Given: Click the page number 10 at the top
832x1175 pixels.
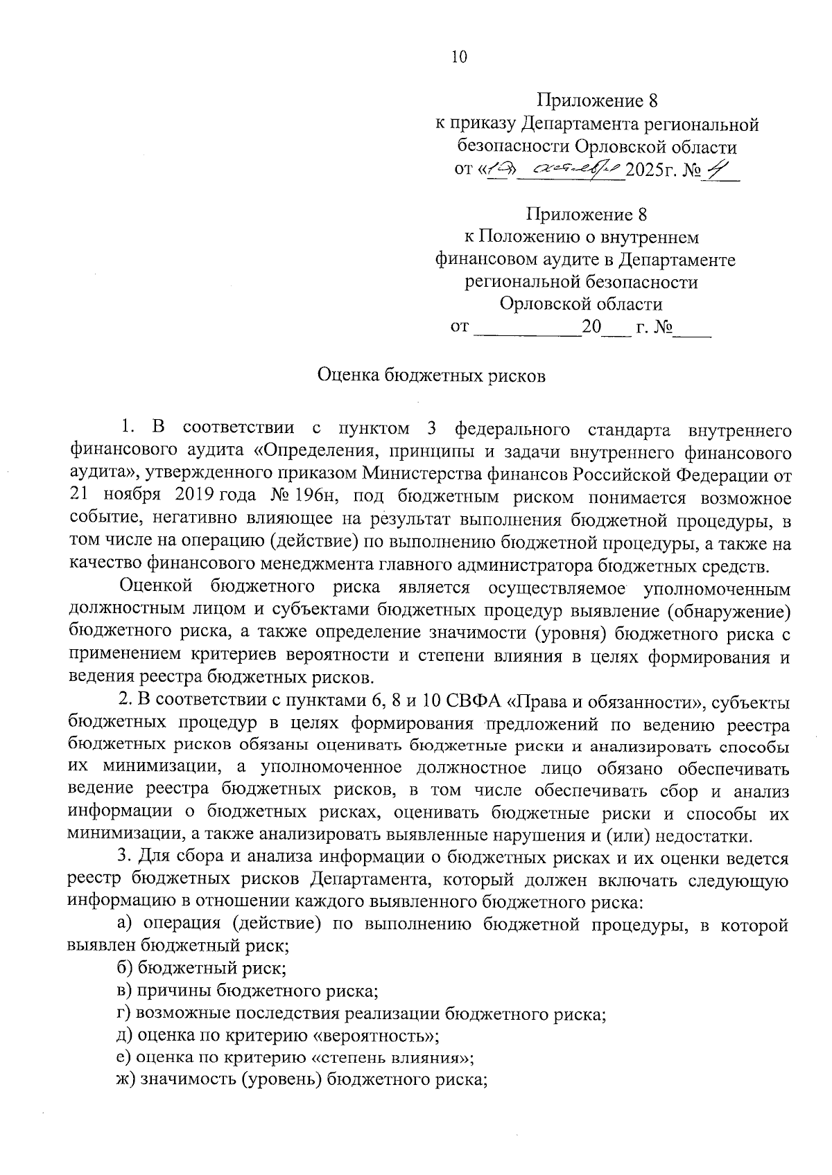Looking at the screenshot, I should (459, 58).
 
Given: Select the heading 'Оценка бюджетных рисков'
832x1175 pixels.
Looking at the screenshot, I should (431, 376).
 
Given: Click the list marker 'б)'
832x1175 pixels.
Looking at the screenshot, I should (125, 968).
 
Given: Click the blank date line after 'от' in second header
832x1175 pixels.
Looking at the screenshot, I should (527, 326).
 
